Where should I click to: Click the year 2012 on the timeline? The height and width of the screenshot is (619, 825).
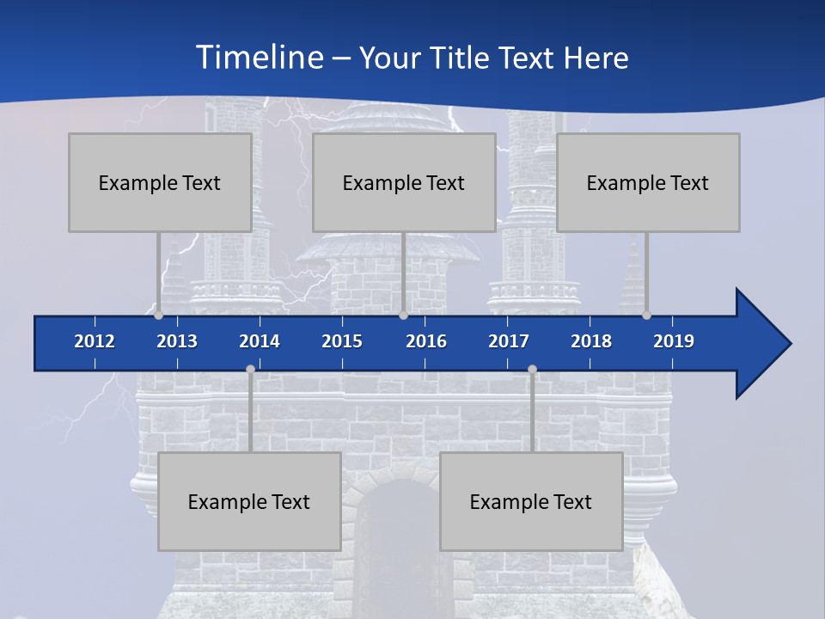point(95,341)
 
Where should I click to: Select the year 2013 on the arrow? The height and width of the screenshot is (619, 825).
point(177,341)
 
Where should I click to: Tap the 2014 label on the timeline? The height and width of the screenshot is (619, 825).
point(260,341)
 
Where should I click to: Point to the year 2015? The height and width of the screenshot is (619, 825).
point(342,341)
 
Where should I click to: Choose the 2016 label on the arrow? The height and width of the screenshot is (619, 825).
point(426,341)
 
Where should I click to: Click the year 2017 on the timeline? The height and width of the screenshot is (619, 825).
point(509,341)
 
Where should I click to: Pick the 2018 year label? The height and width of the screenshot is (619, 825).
point(591,341)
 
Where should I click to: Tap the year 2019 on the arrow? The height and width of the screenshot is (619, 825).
point(674,341)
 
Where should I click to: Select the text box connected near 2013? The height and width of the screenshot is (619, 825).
point(160,183)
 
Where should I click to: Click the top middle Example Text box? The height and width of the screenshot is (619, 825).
point(404,183)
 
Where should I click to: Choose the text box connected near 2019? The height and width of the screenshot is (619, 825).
point(648,183)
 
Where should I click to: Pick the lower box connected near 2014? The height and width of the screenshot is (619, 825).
point(249,502)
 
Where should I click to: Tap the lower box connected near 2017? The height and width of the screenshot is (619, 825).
point(531,502)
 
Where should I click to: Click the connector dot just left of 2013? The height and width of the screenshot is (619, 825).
point(158,315)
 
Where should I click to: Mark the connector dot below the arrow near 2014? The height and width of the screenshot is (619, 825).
point(250,369)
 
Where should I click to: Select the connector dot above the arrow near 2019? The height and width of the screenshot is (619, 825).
point(646,315)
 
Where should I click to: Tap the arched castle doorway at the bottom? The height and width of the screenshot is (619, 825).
point(391,550)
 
